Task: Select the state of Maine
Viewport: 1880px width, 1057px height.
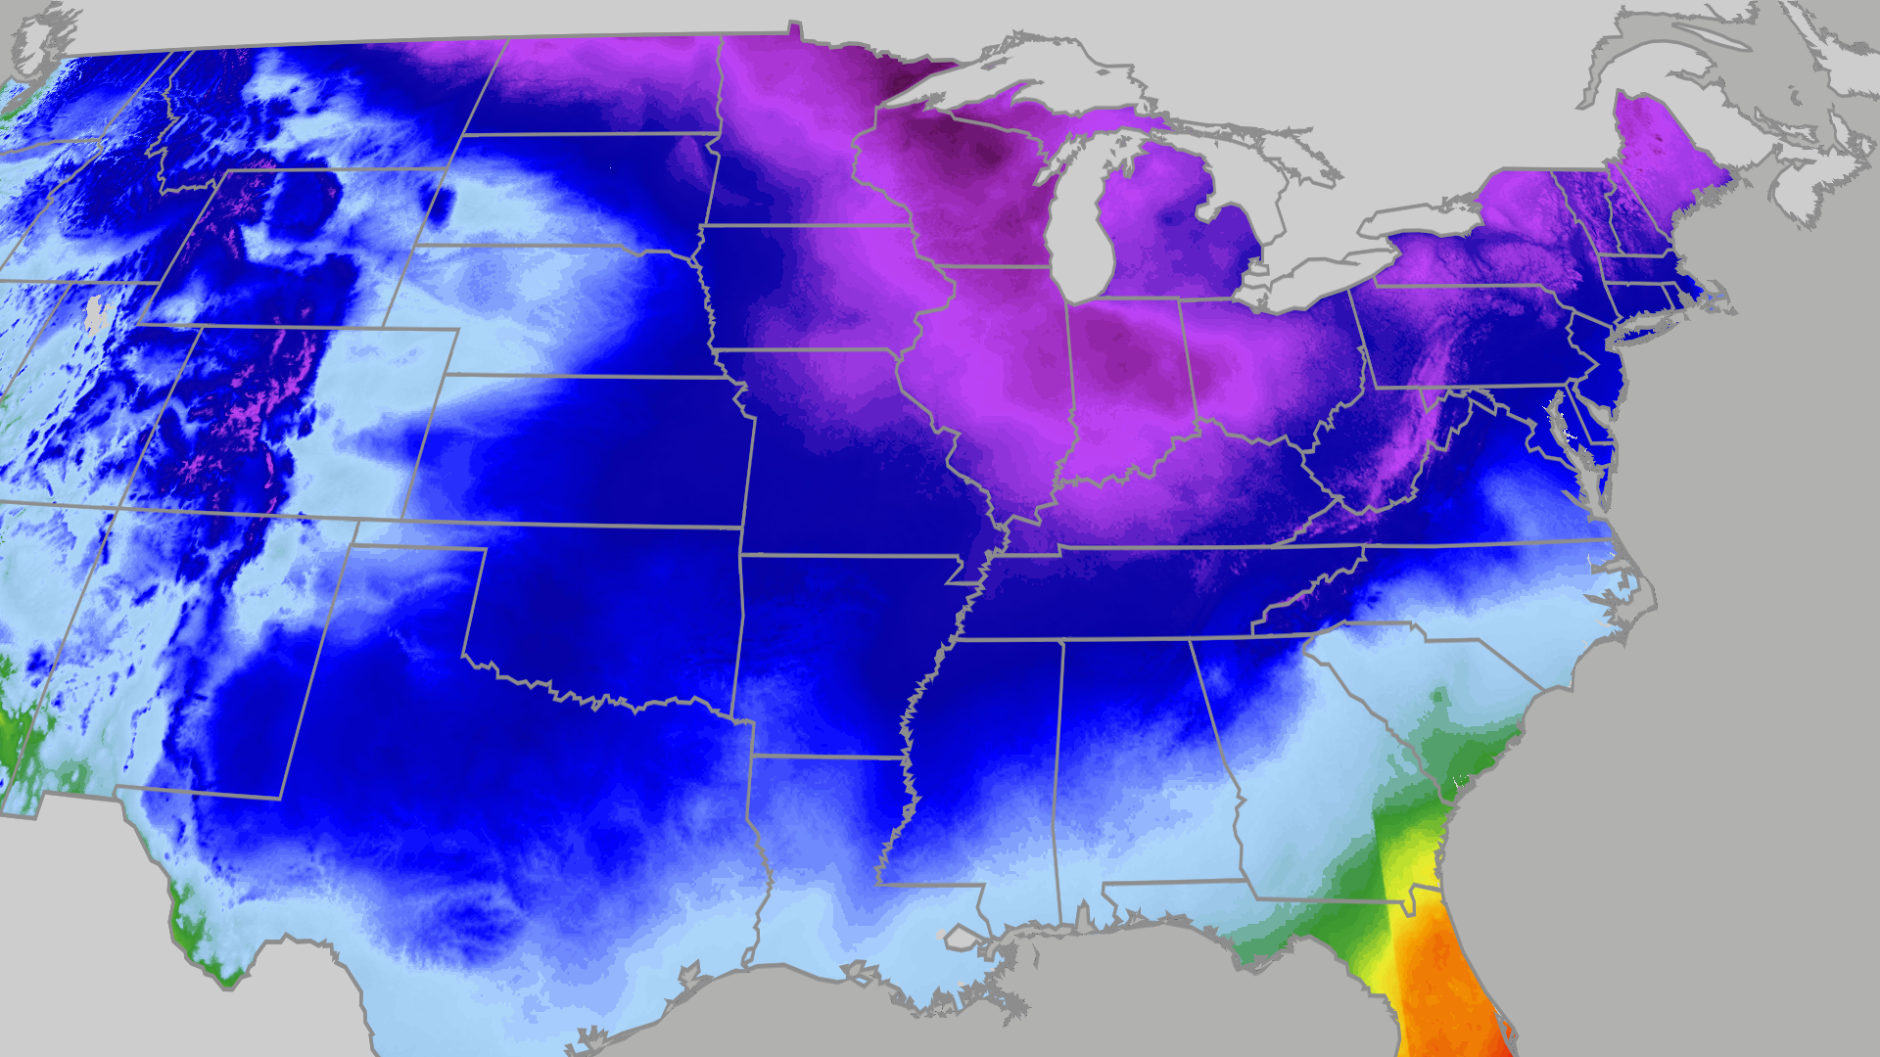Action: (x=1655, y=147)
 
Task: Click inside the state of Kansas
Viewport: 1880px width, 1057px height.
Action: (x=587, y=450)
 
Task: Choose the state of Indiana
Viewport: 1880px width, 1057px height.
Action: (x=1126, y=382)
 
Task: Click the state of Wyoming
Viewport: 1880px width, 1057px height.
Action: (x=323, y=245)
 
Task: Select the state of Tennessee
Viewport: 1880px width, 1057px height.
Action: (x=1155, y=592)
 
